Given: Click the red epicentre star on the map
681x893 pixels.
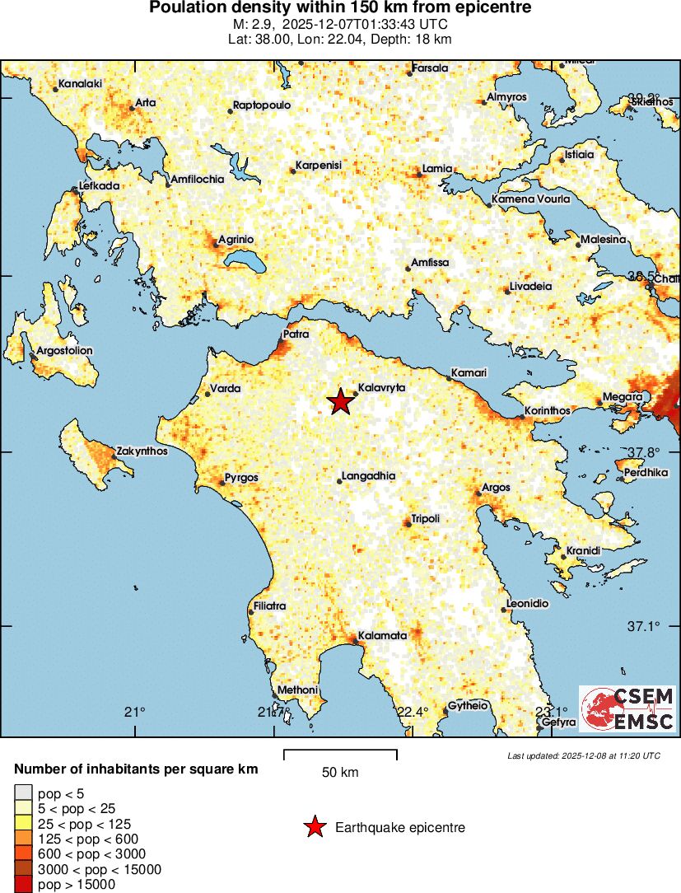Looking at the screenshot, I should click(x=340, y=402).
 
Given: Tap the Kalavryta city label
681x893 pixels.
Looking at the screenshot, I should click(x=383, y=387).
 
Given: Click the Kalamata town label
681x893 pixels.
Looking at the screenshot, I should click(x=382, y=636).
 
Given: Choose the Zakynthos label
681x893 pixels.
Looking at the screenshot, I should click(x=142, y=451).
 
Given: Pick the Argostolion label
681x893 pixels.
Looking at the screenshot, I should click(x=65, y=350).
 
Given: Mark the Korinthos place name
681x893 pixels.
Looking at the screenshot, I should click(x=548, y=411).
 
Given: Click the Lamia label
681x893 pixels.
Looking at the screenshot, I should click(x=437, y=169).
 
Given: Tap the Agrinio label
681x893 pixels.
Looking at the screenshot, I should click(x=236, y=239).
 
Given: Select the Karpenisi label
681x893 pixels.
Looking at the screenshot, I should click(x=319, y=166).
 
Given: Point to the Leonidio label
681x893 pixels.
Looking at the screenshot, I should click(x=527, y=604).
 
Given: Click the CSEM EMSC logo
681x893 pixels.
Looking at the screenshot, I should click(x=628, y=708).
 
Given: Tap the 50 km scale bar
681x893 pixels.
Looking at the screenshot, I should click(x=340, y=753).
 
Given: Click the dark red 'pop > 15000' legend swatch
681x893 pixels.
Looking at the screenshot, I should click(x=22, y=884).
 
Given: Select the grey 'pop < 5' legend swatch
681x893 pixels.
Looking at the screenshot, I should click(x=22, y=793).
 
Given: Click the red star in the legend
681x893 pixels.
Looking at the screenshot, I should click(x=315, y=827).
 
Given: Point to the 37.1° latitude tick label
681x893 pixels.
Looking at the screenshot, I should click(x=644, y=627).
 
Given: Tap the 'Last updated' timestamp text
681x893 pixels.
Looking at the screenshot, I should click(x=583, y=755).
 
